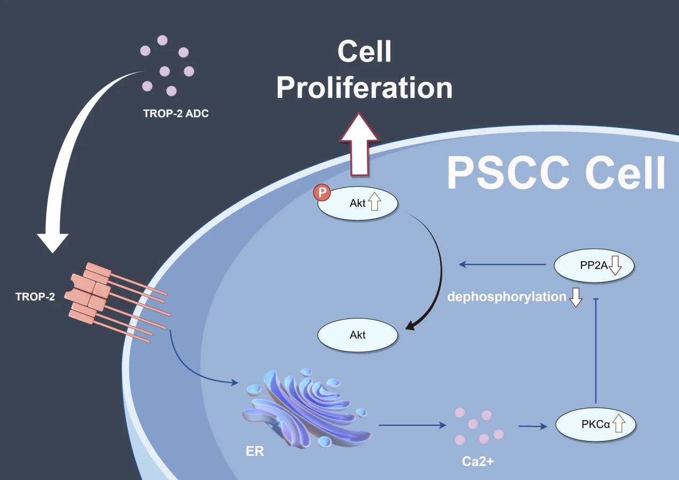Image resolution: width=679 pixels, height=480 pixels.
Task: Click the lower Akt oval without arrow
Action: point(358,336)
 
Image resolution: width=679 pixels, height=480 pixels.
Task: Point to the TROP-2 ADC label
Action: point(176,113)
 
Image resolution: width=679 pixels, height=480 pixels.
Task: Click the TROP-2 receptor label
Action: point(35,296)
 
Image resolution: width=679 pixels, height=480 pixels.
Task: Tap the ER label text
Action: point(255,451)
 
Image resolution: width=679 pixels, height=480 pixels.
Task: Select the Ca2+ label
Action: point(478,460)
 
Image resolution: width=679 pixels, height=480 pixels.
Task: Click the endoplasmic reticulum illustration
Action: point(305,407)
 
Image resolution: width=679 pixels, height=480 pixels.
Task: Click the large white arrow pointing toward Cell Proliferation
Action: point(359,147)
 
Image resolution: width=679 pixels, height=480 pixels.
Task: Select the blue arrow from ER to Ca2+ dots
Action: point(412,425)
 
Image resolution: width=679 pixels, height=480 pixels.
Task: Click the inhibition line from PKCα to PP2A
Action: point(596,353)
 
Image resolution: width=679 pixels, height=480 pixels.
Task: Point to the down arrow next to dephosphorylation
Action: point(576,298)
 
